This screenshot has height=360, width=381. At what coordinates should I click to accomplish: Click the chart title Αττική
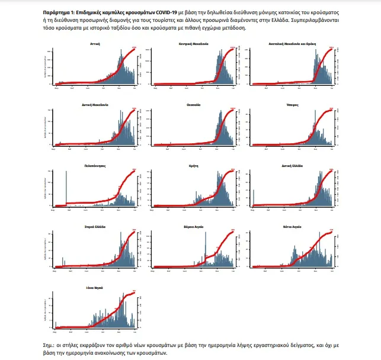click(95, 44)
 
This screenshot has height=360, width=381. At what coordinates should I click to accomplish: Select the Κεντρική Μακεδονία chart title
click(193, 44)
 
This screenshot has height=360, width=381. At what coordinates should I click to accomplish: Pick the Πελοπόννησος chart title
click(95, 166)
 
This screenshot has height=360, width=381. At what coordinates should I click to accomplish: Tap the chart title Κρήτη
click(193, 166)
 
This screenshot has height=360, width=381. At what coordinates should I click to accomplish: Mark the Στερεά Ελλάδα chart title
click(95, 227)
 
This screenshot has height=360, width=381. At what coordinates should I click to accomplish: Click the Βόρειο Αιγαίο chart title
click(193, 227)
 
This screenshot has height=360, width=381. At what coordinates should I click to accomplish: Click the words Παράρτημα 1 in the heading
click(59, 11)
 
